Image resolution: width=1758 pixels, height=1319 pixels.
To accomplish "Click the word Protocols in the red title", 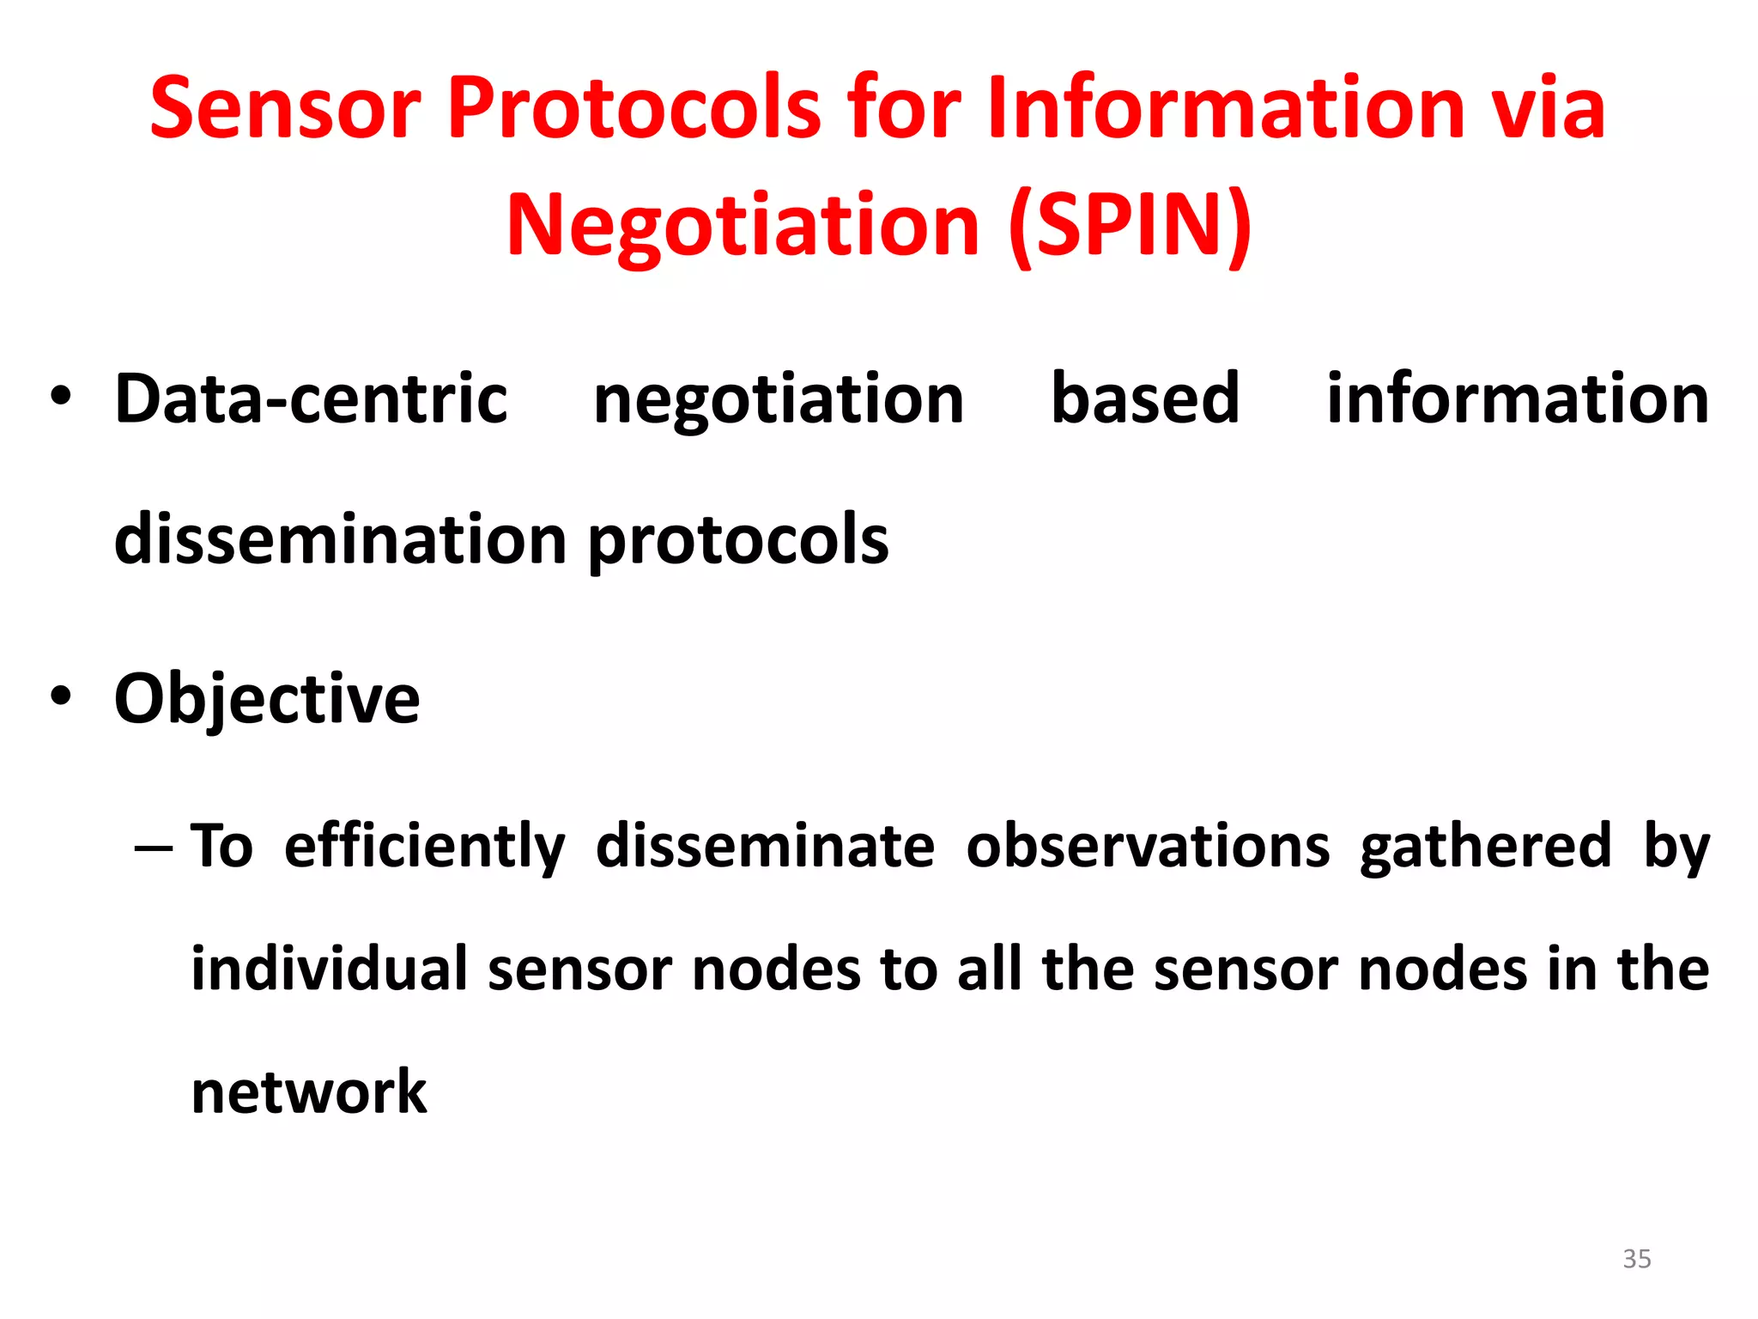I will click(633, 107).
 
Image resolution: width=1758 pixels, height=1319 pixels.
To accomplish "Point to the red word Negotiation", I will click(743, 225).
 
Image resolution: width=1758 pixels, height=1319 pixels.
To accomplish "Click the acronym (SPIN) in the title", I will click(1130, 225).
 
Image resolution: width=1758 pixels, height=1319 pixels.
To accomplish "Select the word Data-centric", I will click(311, 399).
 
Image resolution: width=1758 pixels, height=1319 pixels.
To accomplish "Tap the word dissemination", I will click(341, 539).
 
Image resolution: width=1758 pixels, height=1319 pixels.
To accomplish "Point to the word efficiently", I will click(424, 847).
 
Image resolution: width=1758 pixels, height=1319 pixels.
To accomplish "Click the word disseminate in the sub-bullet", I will click(765, 845).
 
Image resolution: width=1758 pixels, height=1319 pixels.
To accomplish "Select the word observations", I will click(1148, 845).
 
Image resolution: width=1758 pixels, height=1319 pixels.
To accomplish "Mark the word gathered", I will click(1486, 847).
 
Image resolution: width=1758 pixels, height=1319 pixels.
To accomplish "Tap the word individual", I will click(329, 969).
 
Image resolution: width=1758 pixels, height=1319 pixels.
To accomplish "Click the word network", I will click(309, 1092).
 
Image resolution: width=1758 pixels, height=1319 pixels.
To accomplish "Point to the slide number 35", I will click(1636, 1259).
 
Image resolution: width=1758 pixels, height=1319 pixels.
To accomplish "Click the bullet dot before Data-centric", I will click(60, 397).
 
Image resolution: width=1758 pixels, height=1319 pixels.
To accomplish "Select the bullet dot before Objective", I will click(60, 696).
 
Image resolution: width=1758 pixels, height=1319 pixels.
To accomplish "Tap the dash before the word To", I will click(154, 848).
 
